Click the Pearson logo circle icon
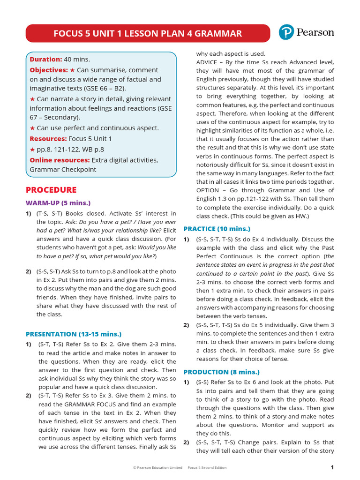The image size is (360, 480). (x=286, y=32)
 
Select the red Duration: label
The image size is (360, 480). (x=45, y=59)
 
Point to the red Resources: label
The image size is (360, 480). (x=48, y=139)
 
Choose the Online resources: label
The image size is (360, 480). (x=60, y=160)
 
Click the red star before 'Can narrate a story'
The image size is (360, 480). (x=32, y=99)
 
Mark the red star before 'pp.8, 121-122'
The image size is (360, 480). (x=32, y=150)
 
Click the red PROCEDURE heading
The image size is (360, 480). (x=51, y=190)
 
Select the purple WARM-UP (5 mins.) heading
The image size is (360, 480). (x=58, y=203)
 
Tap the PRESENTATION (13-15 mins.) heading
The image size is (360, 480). (x=73, y=334)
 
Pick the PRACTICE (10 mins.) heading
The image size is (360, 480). (x=217, y=229)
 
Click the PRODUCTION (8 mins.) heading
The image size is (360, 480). (x=221, y=371)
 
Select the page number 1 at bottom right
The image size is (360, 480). (x=332, y=467)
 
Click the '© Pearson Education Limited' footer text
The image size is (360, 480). (x=157, y=468)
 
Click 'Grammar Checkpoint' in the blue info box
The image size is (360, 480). (x=63, y=170)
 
